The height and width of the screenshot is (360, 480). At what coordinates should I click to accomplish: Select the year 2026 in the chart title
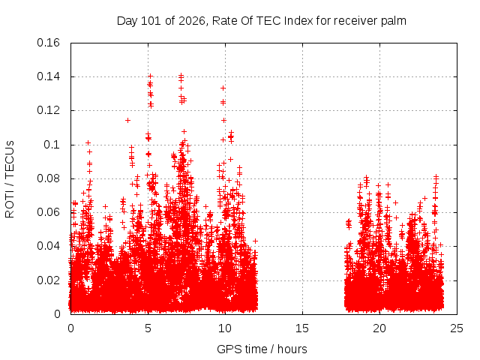point(192,21)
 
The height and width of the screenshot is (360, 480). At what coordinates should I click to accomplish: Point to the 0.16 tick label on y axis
point(48,43)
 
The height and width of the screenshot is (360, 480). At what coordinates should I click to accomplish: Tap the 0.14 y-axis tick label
point(48,76)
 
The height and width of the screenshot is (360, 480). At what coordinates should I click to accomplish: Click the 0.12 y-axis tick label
point(48,110)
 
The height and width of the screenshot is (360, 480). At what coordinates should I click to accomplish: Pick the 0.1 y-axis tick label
point(52,145)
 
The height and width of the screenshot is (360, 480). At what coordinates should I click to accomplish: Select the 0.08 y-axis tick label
point(48,178)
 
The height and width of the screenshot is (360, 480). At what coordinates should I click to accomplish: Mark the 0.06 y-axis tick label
point(48,212)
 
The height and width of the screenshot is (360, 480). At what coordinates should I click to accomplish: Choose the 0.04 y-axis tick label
point(48,246)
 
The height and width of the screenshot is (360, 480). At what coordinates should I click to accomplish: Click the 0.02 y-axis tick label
point(48,280)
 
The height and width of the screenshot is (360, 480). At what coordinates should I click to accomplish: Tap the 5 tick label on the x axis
point(148,328)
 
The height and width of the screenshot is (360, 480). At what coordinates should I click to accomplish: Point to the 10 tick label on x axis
point(225,328)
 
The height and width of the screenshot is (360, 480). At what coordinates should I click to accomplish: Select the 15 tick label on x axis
point(302,328)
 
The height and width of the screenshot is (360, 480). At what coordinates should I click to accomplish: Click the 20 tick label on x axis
point(379,328)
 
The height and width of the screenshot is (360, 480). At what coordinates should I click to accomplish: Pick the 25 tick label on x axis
point(457,328)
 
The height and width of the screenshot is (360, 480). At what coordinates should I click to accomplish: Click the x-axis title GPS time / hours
point(262,349)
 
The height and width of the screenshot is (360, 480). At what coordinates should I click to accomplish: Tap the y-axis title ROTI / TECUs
point(10,179)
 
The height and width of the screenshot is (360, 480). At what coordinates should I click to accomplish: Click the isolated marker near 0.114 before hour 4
point(128,120)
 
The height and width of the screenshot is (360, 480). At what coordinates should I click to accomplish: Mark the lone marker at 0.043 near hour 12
point(255,241)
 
